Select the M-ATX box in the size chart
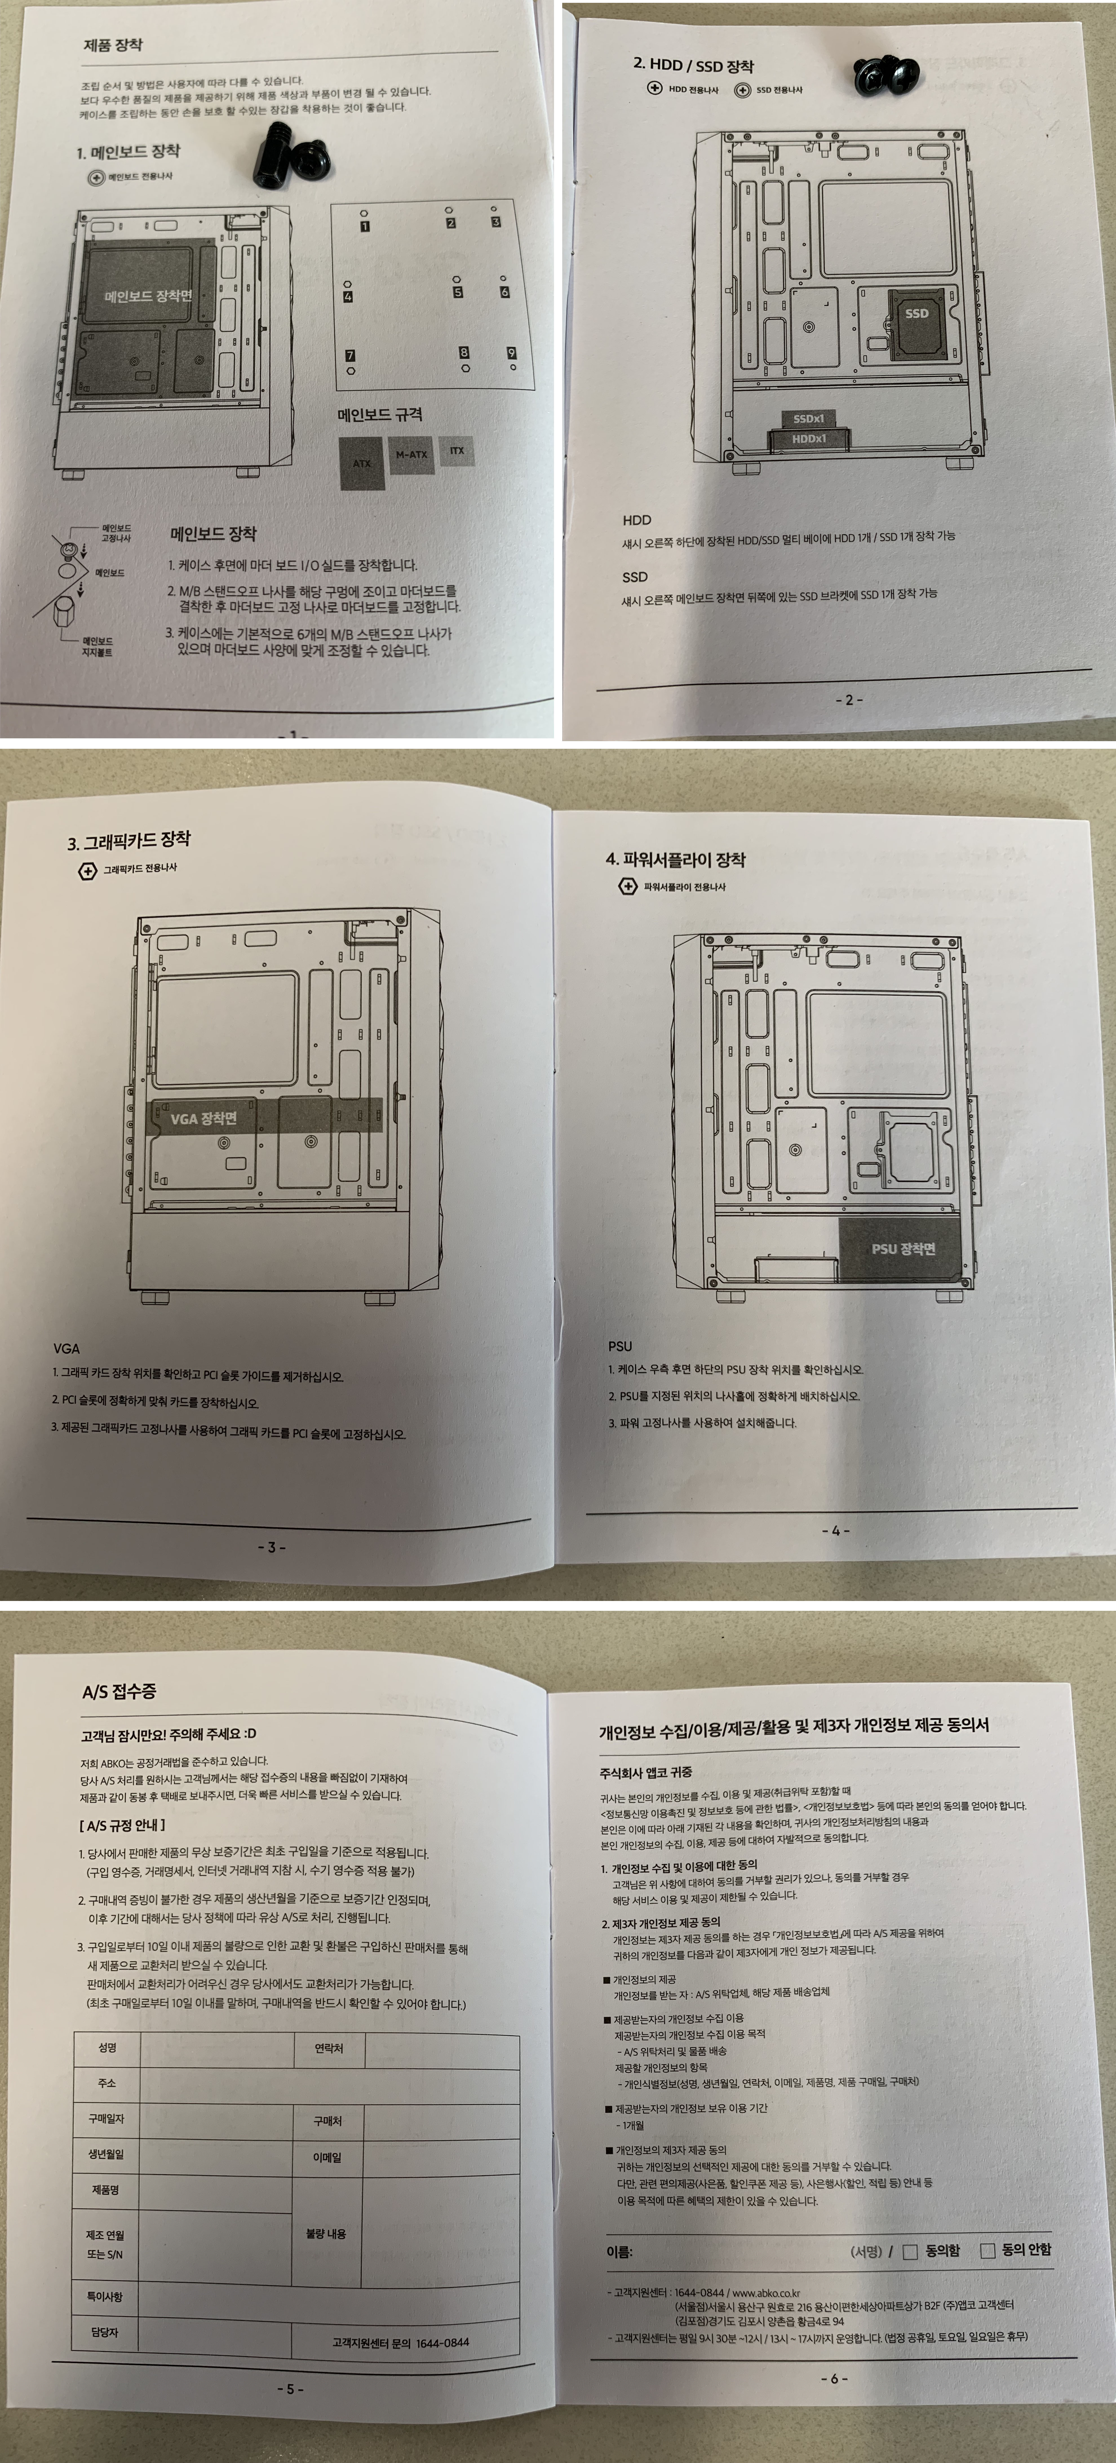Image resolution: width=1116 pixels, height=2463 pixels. [x=411, y=454]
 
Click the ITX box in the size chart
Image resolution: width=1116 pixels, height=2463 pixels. [x=456, y=450]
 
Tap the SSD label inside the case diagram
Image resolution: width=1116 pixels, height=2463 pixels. [x=916, y=314]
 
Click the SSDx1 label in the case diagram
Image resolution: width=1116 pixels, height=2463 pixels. [x=809, y=418]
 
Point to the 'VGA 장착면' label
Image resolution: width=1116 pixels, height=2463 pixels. [x=203, y=1118]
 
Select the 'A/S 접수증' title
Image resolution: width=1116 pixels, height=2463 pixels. [x=119, y=1691]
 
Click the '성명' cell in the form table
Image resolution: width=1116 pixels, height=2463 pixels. [x=107, y=2047]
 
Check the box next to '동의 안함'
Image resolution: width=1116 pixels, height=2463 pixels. [x=988, y=2251]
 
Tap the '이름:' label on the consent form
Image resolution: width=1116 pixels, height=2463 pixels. [x=619, y=2252]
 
